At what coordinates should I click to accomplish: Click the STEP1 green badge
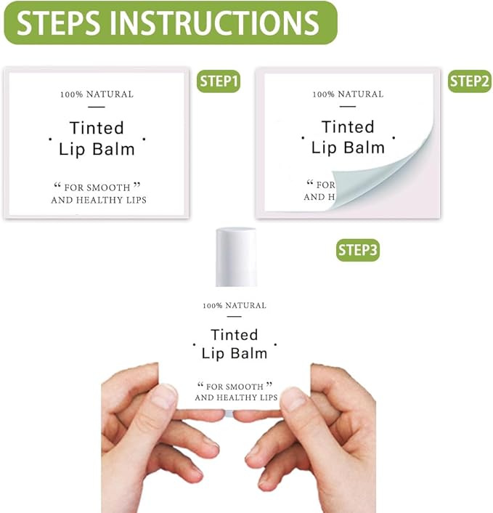[219, 81]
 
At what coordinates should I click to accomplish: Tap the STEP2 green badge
[469, 81]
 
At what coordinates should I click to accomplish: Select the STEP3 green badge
[358, 250]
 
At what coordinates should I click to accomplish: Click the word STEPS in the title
[58, 23]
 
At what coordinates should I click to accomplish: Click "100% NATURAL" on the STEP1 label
[97, 94]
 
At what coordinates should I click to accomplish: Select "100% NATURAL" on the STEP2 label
[348, 94]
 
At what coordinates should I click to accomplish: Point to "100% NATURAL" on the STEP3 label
[235, 306]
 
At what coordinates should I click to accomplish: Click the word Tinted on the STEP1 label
[97, 128]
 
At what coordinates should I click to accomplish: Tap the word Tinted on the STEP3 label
[234, 335]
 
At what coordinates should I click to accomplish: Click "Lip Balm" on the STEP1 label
[97, 149]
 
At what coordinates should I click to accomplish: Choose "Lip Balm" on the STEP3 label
[234, 354]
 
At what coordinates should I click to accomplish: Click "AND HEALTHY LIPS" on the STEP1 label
[99, 200]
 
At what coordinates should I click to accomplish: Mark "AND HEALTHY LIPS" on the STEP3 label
[237, 397]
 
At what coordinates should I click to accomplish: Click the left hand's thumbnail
[164, 397]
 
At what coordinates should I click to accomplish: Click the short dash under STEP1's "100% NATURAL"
[96, 108]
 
